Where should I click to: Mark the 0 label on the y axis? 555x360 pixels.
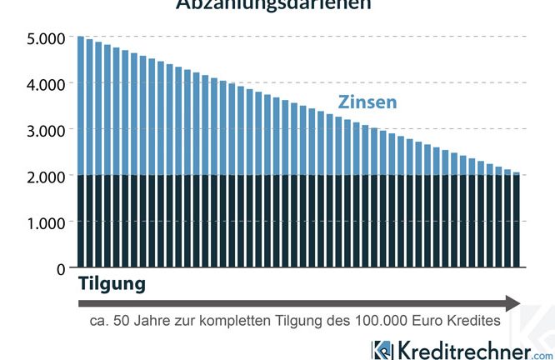[x=59, y=268]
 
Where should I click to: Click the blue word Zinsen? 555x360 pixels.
[x=367, y=102]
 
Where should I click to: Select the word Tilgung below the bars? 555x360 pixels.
[x=112, y=284]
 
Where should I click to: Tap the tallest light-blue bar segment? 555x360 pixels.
[x=81, y=106]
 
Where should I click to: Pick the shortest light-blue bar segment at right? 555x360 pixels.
[x=517, y=173]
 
